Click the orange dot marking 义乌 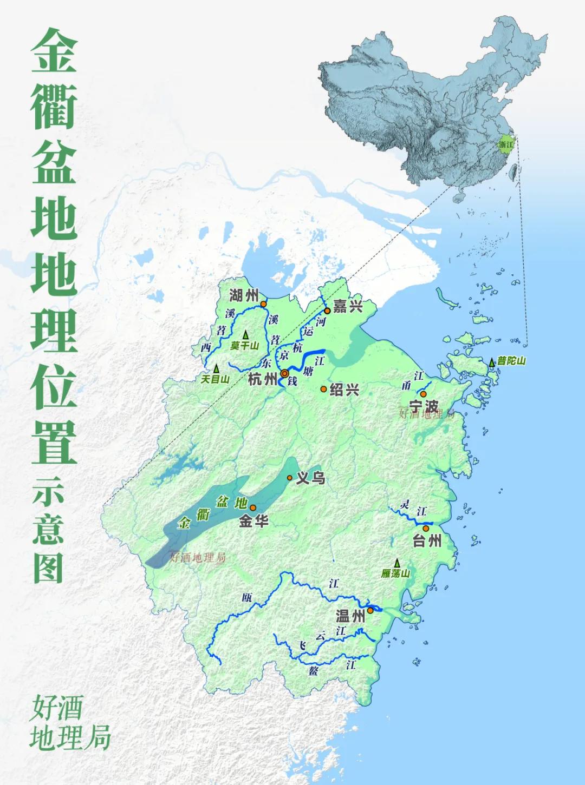(290, 478)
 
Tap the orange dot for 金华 (252, 507)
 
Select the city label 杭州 (262, 379)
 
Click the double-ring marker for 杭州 (284, 374)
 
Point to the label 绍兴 (344, 390)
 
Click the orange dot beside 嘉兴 (327, 311)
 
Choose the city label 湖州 (244, 295)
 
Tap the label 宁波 (424, 406)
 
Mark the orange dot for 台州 (426, 528)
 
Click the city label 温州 (350, 616)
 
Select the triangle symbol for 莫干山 (245, 335)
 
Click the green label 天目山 (215, 379)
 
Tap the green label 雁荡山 (395, 573)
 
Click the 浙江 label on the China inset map (506, 144)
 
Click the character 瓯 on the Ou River (247, 597)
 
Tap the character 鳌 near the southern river (314, 671)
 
